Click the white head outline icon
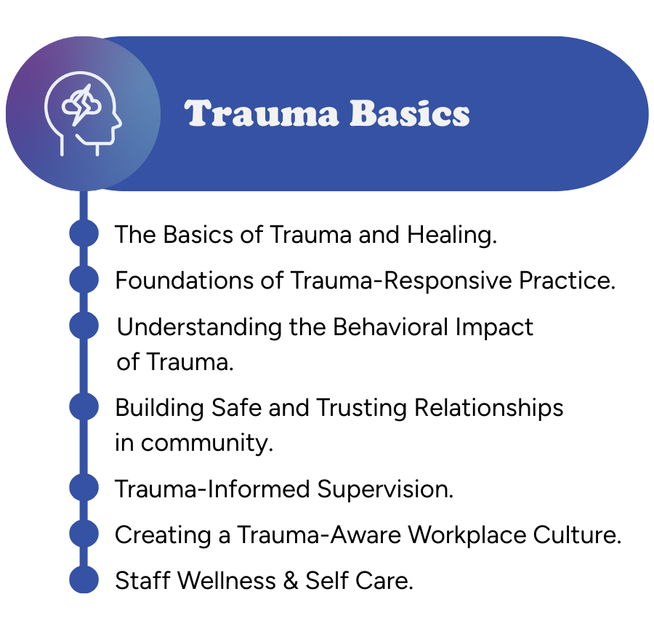[83, 113]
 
